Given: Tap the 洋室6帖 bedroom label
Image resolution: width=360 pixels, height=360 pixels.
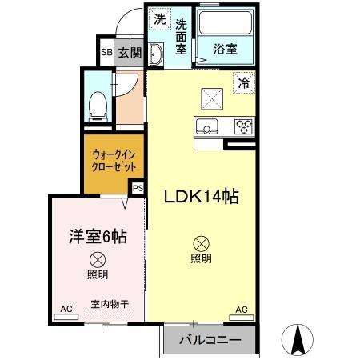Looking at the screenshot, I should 96,236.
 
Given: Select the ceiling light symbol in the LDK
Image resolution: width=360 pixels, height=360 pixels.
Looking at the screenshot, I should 201,243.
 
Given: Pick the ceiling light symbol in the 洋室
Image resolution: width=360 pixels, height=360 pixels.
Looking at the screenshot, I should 97,259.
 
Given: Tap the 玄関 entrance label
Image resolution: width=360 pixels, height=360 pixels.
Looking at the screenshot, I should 129,54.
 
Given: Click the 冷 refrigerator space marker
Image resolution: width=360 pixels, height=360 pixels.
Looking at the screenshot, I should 243,80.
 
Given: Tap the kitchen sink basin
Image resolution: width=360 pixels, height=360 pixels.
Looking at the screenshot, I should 206,126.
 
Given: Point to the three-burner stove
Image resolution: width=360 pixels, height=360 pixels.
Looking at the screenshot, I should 242,126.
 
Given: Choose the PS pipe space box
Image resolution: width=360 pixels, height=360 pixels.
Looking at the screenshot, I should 138,189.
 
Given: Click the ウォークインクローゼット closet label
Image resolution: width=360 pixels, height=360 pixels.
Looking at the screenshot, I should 114,159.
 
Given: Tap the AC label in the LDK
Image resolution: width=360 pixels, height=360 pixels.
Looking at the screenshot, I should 241,309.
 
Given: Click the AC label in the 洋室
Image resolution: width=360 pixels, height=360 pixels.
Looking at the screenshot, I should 66,309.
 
